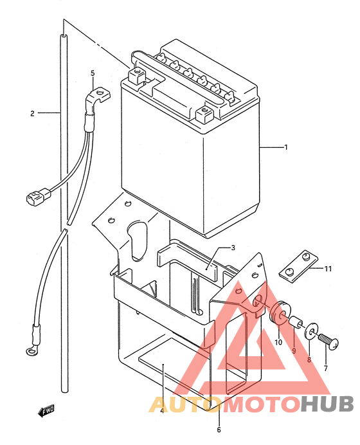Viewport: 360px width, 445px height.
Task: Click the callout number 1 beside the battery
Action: (286, 147)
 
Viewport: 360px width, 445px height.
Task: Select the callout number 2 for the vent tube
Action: (32, 114)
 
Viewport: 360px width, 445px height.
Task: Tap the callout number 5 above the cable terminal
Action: (93, 73)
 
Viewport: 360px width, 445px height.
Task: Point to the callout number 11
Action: (328, 268)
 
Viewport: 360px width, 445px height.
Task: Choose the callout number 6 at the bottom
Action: (219, 430)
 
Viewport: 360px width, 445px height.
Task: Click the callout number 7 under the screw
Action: (326, 368)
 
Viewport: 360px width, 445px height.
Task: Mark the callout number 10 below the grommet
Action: (278, 342)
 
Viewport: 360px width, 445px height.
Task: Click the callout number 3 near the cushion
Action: (233, 248)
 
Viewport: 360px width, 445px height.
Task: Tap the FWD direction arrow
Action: (46, 411)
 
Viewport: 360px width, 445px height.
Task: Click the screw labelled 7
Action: (328, 340)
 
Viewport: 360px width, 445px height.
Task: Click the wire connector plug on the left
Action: (39, 196)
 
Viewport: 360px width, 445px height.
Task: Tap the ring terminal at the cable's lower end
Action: (31, 350)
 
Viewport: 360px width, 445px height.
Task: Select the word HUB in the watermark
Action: (327, 404)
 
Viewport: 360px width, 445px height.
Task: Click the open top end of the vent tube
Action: (64, 36)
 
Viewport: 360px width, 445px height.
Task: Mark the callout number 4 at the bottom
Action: (162, 411)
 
